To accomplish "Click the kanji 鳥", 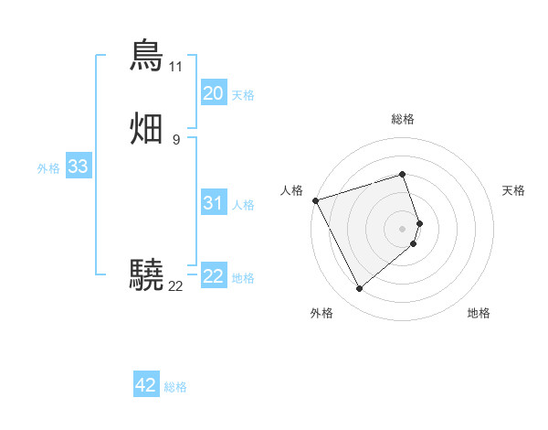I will pos(147,55).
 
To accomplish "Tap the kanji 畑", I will pos(147,128).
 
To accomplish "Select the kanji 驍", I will pos(147,274).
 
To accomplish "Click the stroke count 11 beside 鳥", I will pos(175,67).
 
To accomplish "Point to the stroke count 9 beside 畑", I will pos(175,140).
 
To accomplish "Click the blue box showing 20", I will pos(213,93).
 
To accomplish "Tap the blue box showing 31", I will pos(213,203).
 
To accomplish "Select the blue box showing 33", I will pos(78,167).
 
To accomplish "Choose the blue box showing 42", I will pos(146,385).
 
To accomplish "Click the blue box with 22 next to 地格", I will pos(213,276).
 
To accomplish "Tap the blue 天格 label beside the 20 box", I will pos(243,95).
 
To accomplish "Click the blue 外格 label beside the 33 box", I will pos(48,168).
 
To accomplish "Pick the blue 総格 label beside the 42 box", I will pos(175,387).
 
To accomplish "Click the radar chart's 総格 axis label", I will pos(403,119).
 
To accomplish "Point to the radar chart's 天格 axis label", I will pos(513,190).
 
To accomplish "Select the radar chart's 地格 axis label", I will pos(479,313).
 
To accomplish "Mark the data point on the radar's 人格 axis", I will pos(315,199).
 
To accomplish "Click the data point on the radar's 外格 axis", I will pos(359,288).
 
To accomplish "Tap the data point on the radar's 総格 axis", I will pos(403,174).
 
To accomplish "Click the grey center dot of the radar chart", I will pos(403,227).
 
